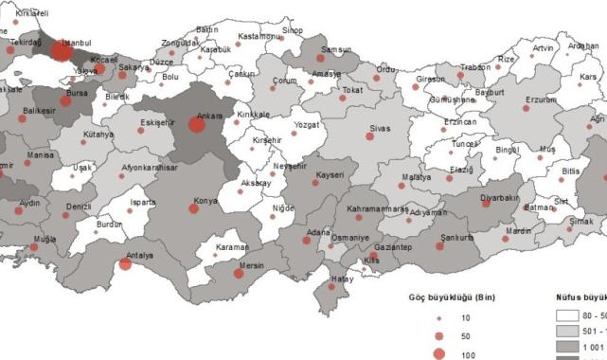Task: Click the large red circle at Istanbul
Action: (61, 53)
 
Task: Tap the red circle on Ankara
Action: (197, 125)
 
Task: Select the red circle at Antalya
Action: (125, 264)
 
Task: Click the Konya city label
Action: (205, 201)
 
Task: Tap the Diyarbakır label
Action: (500, 197)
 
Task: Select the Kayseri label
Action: (329, 175)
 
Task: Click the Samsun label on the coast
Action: (335, 49)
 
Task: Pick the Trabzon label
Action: (474, 67)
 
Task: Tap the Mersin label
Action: (250, 266)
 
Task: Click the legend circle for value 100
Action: (438, 354)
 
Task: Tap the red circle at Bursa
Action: (65, 100)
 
